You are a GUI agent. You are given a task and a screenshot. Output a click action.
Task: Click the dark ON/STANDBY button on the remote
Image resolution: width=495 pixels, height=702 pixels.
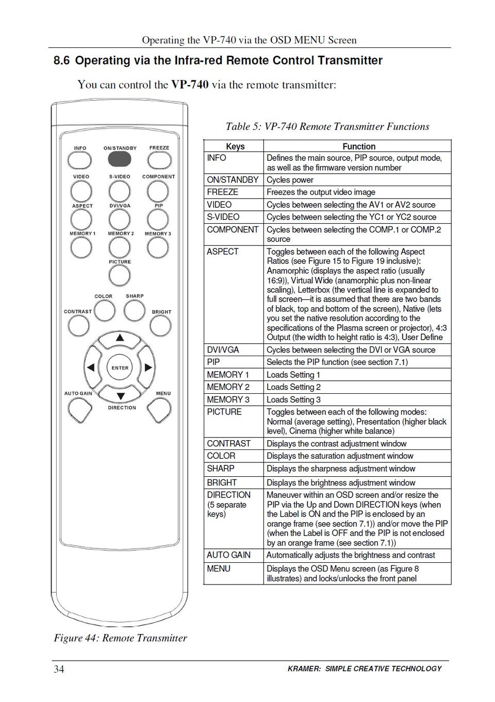click(x=120, y=160)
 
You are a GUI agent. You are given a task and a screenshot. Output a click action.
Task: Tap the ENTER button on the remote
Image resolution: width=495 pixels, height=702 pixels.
click(x=120, y=368)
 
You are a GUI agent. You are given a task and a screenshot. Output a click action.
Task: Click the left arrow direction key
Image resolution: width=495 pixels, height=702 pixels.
click(x=91, y=368)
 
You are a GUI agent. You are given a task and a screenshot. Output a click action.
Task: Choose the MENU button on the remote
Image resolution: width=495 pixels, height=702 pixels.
click(x=159, y=410)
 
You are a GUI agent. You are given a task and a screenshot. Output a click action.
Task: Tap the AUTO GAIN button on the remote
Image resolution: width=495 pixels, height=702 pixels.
click(x=80, y=410)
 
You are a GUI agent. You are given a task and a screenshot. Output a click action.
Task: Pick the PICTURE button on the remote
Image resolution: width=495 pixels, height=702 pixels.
click(x=120, y=275)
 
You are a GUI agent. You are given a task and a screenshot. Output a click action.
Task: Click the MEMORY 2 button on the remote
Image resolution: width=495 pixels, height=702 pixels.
click(x=120, y=247)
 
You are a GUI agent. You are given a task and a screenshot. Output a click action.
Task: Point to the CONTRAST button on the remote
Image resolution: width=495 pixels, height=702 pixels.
click(x=78, y=325)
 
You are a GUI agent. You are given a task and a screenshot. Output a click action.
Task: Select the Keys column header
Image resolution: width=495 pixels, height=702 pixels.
click(x=235, y=146)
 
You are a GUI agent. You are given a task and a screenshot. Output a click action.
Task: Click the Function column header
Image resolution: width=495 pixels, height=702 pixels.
click(x=359, y=146)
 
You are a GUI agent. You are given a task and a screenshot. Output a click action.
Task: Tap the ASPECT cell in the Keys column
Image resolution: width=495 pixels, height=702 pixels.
click(x=223, y=252)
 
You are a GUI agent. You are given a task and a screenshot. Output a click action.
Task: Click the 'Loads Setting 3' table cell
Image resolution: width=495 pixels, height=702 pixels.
click(x=293, y=399)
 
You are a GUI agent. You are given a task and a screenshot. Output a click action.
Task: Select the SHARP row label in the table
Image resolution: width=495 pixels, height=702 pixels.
click(x=221, y=469)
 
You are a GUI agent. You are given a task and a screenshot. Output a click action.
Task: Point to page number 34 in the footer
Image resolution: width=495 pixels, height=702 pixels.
click(x=59, y=669)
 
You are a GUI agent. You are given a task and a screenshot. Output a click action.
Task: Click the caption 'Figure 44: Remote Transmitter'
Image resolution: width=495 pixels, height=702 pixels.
click(x=120, y=638)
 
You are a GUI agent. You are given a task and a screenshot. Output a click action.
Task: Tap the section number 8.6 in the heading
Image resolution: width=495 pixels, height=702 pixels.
click(x=61, y=61)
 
